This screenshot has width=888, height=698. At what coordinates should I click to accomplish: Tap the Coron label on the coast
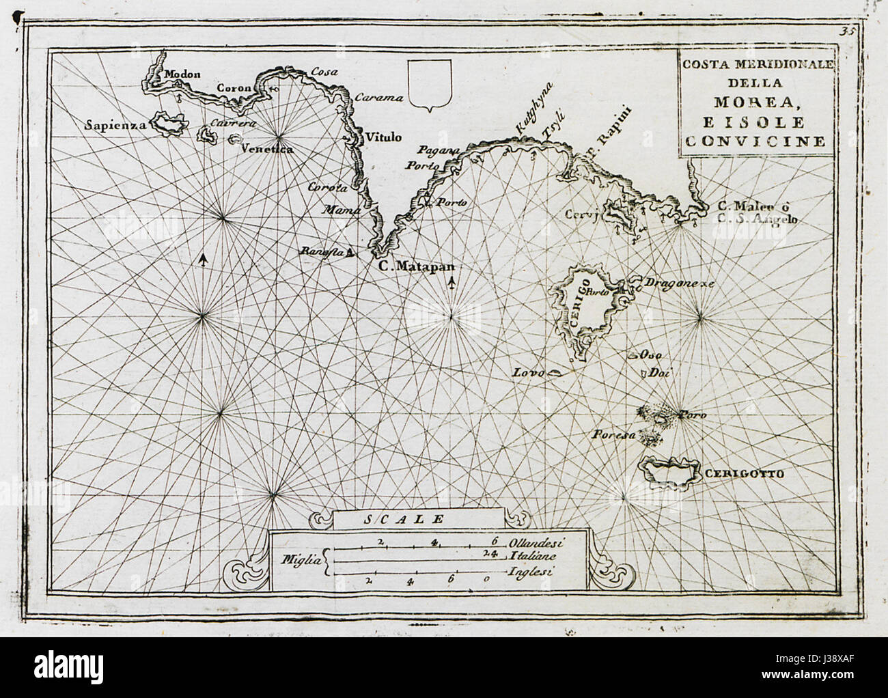pyautogui.click(x=234, y=87)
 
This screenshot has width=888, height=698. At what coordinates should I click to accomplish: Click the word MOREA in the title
pyautogui.click(x=755, y=104)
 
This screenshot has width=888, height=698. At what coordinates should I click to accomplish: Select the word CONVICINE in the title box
pyautogui.click(x=755, y=141)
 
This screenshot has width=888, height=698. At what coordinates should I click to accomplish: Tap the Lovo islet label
pyautogui.click(x=528, y=373)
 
